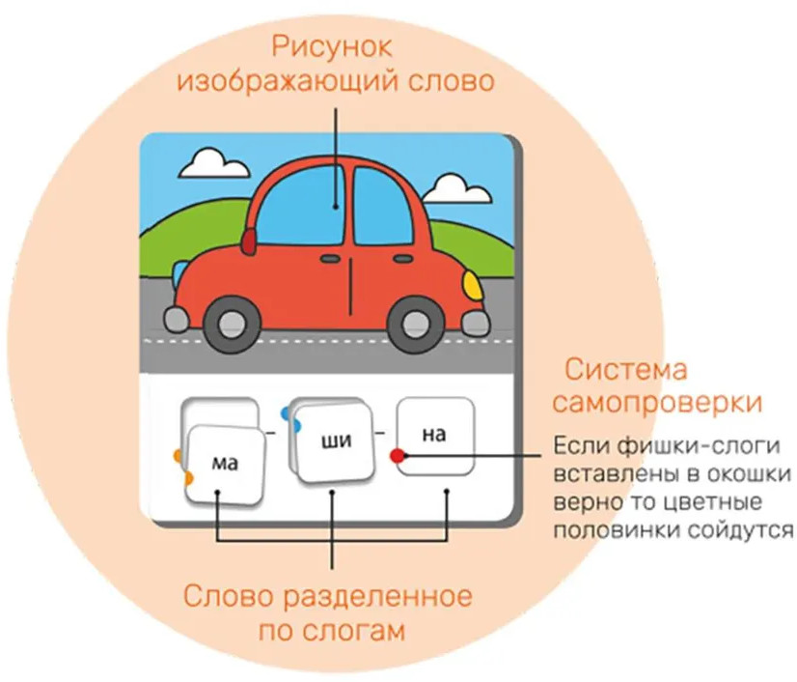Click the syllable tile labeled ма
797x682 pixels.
tap(224, 467)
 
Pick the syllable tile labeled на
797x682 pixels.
tap(435, 436)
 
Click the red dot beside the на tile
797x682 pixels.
tap(397, 455)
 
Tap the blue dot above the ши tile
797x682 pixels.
tap(286, 413)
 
